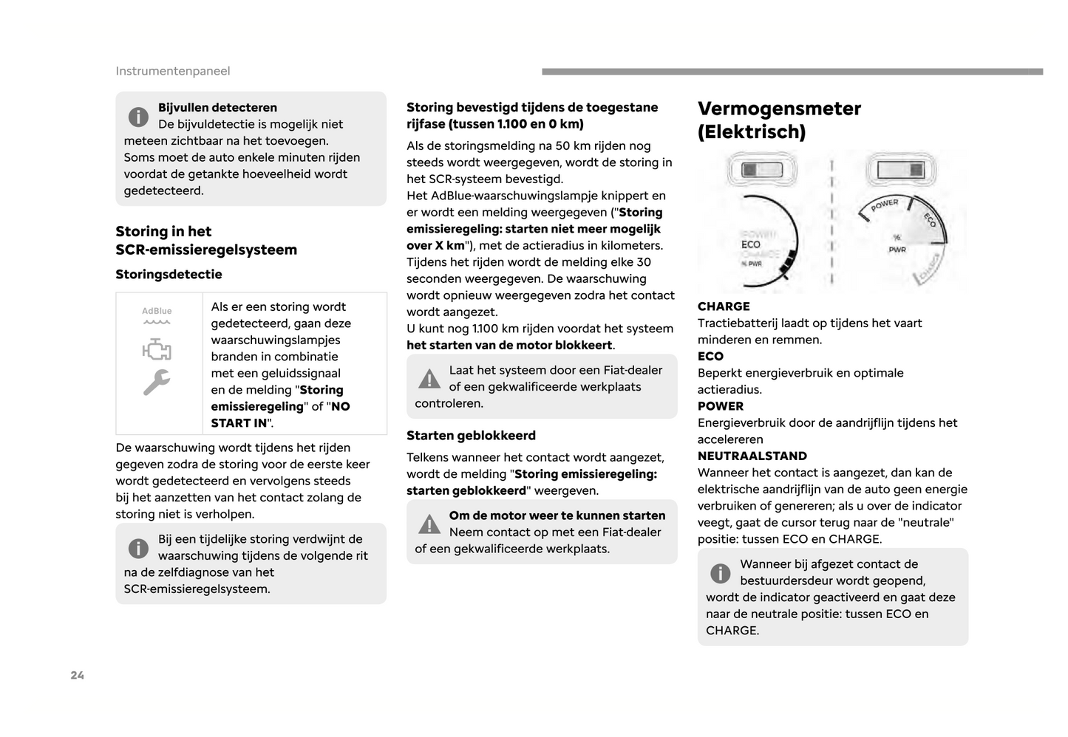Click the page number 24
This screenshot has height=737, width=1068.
(x=78, y=675)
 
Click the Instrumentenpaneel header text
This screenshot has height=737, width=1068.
(x=173, y=71)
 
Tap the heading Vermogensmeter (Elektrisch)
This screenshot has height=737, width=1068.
(x=779, y=120)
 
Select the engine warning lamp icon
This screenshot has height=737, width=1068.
(x=157, y=349)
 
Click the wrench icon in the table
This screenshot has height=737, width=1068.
(x=157, y=382)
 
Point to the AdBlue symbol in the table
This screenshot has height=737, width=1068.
(x=157, y=315)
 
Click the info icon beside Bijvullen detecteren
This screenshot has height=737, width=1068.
(x=138, y=117)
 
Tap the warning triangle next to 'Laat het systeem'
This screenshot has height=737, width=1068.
(x=429, y=379)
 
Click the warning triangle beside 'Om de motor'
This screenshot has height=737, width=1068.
(x=429, y=524)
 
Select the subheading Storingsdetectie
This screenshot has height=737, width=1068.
(x=169, y=274)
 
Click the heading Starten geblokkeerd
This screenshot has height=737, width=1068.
(x=471, y=435)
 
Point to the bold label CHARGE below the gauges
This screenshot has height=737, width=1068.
(x=724, y=306)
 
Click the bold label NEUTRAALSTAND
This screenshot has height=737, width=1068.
(x=752, y=456)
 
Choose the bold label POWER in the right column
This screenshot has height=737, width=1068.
(x=721, y=406)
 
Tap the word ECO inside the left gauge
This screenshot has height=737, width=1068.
(x=751, y=244)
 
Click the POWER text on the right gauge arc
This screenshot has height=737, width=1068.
(x=884, y=205)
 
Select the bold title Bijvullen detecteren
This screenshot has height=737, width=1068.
(x=217, y=107)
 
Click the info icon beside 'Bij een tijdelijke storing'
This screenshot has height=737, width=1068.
(x=138, y=548)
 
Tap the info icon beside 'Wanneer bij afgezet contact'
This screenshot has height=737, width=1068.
(x=720, y=573)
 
